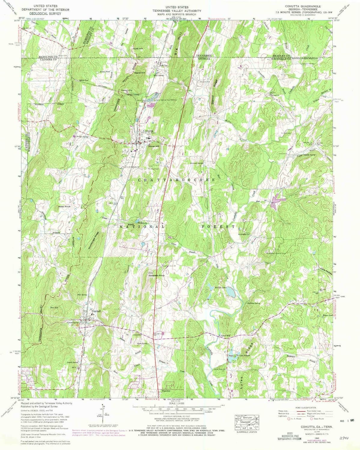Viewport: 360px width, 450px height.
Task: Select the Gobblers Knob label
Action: tap(156, 275)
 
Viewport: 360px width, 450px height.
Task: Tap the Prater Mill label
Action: tap(225, 335)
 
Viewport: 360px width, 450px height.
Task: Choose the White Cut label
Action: tap(83, 80)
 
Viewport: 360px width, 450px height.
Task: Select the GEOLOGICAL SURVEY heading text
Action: tap(45, 13)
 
